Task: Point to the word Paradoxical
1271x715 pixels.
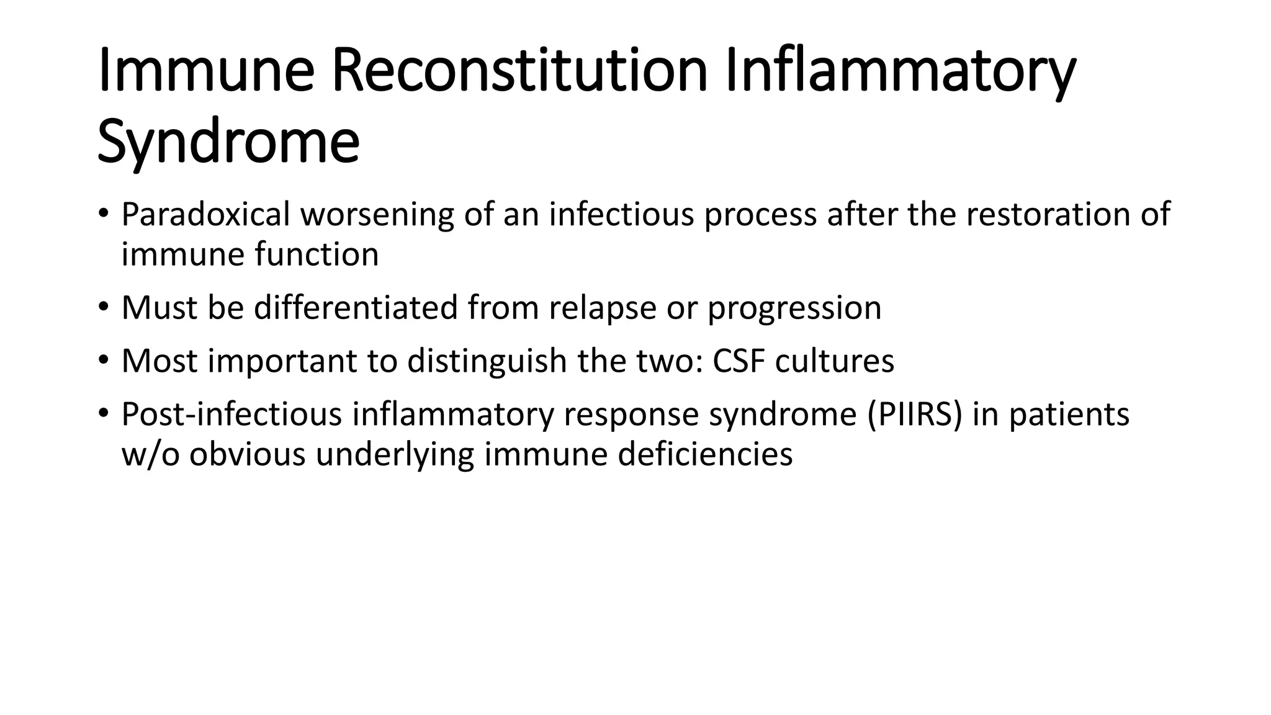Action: pyautogui.click(x=205, y=215)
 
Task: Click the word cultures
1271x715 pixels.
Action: pyautogui.click(x=835, y=361)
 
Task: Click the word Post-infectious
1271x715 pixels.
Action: pyautogui.click(x=231, y=414)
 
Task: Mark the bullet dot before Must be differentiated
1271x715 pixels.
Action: pyautogui.click(x=103, y=307)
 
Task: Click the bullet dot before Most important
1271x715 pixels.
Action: pyautogui.click(x=103, y=360)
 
